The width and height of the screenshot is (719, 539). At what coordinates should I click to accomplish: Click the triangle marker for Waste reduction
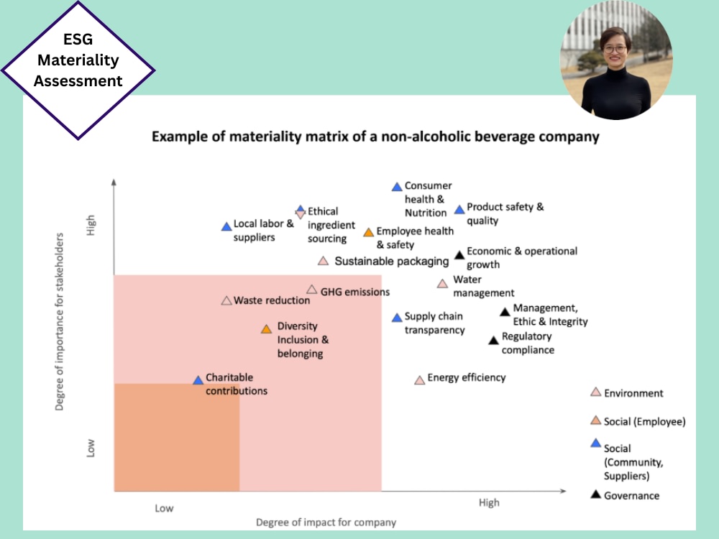(x=226, y=300)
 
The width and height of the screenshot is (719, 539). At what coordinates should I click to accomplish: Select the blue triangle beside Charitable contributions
(x=198, y=380)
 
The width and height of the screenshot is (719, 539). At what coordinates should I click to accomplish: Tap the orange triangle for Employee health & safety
(x=369, y=232)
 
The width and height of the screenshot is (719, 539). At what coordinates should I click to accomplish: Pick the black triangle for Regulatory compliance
(x=493, y=340)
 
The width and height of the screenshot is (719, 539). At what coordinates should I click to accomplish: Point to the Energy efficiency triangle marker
(x=420, y=380)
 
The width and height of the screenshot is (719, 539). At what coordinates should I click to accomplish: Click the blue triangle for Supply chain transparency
(x=397, y=318)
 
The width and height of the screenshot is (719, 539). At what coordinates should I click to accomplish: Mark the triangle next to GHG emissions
(x=312, y=289)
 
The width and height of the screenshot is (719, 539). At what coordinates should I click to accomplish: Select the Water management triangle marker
(x=442, y=284)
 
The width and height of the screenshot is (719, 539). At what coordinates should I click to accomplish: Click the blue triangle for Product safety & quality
(x=459, y=209)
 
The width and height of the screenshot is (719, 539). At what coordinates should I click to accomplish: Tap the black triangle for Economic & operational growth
(x=459, y=255)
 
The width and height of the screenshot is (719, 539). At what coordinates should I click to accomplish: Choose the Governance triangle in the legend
(x=595, y=494)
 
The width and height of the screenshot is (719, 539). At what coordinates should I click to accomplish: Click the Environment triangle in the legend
(x=595, y=392)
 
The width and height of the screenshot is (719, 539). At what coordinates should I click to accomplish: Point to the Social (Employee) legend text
(x=645, y=422)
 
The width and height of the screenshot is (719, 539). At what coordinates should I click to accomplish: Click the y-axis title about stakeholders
(x=59, y=322)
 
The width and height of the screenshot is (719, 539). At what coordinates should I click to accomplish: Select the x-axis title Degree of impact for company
(x=326, y=522)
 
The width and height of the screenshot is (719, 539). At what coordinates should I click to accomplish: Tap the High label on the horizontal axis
(x=489, y=503)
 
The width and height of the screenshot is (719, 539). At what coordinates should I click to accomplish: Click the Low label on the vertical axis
(x=91, y=448)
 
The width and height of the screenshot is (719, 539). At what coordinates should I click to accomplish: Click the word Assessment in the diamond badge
(x=78, y=81)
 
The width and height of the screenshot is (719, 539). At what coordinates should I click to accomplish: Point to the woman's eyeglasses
(x=615, y=49)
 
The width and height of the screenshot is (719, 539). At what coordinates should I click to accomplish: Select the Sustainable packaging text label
(x=392, y=262)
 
